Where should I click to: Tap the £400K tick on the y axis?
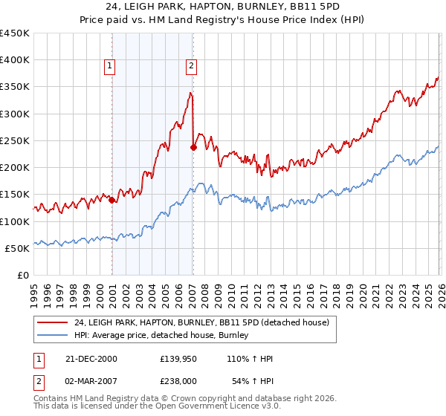point(14,60)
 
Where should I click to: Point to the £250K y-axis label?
point(14,140)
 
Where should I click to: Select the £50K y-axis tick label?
point(17,248)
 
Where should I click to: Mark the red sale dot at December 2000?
point(111,200)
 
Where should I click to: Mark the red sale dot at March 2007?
point(193,147)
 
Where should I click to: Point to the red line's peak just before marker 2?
point(190,93)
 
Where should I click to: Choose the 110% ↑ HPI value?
point(251,359)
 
